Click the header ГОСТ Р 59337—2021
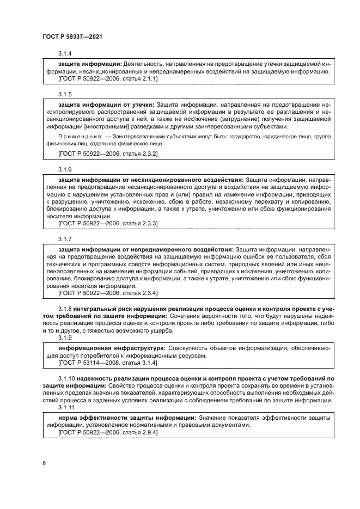point(72,36)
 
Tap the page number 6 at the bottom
point(44,463)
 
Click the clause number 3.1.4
point(65,54)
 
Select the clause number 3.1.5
point(65,94)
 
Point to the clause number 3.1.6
point(65,169)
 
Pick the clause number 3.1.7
point(65,240)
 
